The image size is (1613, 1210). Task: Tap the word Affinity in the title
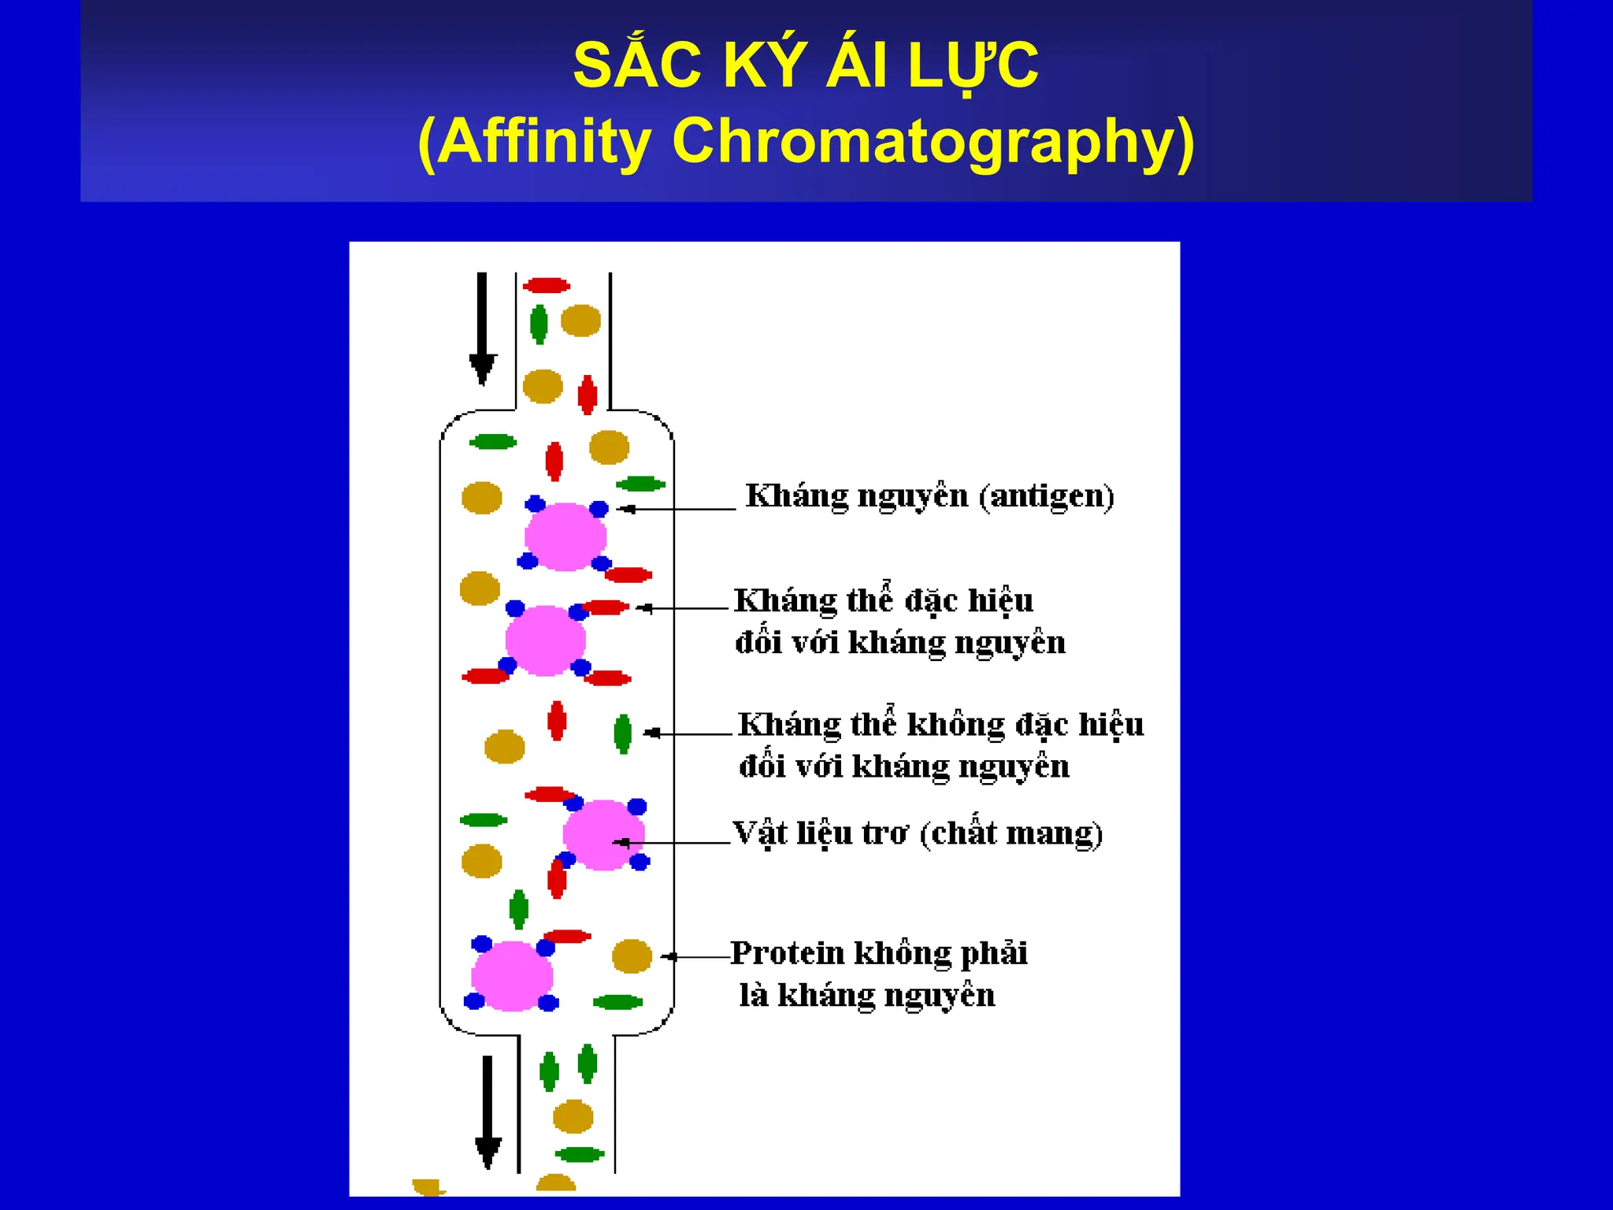pos(543,142)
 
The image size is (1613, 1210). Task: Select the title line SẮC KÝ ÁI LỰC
pos(806,65)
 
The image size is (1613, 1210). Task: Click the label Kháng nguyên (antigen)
pos(929,496)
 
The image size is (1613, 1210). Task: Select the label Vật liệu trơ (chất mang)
pos(918,833)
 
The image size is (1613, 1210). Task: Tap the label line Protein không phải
pos(879,953)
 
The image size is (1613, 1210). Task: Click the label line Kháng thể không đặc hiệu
pos(940,725)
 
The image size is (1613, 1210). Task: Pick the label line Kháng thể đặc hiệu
pos(884,601)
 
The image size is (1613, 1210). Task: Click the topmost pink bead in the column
pos(565,536)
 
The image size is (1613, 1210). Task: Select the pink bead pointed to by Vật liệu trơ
pos(603,835)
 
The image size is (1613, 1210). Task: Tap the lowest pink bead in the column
pos(512,975)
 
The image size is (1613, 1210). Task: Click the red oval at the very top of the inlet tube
pos(547,285)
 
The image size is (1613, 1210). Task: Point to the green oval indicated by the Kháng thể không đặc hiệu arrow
pos(622,733)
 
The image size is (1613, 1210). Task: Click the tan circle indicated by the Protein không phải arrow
pos(632,956)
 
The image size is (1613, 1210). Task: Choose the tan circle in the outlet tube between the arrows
pos(573,1116)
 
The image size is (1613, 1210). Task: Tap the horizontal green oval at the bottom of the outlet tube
pos(580,1155)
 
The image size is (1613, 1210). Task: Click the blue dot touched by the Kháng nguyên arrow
pos(599,509)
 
